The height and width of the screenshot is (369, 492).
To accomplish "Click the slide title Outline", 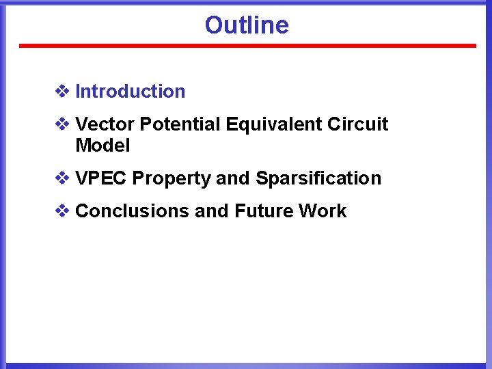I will (x=247, y=25).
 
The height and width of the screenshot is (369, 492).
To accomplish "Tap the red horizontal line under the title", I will (x=247, y=46).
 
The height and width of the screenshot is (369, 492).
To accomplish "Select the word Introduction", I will (x=130, y=92).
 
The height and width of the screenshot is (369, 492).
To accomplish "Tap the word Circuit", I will (x=357, y=124).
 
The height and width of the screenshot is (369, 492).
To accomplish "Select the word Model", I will (x=102, y=146).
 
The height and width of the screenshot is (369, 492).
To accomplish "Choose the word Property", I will (x=172, y=179).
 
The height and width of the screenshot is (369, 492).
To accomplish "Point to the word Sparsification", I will (x=318, y=178).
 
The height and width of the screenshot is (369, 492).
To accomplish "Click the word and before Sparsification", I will (x=233, y=178).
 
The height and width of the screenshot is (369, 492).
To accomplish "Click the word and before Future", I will (x=212, y=211).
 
